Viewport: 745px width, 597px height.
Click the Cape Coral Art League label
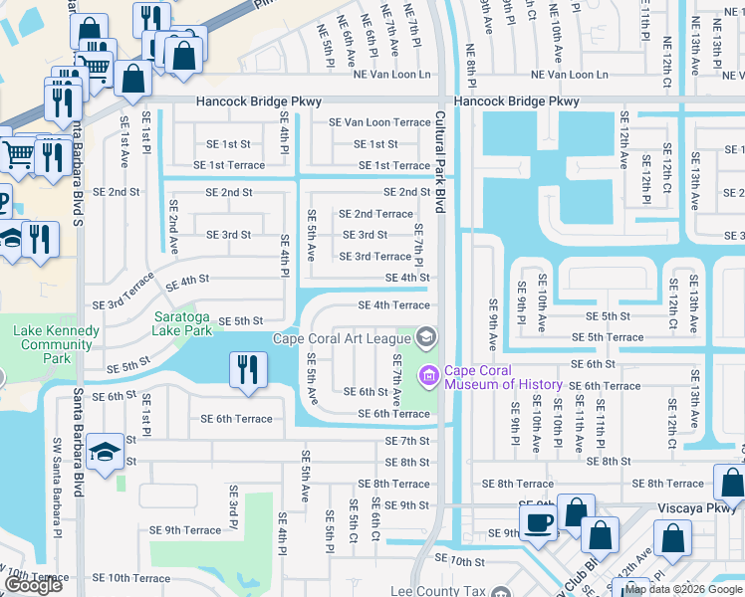(342, 339)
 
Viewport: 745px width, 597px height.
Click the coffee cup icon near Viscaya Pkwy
(540, 521)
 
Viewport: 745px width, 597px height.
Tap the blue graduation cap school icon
(104, 453)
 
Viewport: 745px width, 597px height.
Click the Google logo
(33, 585)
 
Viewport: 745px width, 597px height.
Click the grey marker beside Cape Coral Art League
(426, 339)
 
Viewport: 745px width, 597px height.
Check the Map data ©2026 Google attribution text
(682, 589)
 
